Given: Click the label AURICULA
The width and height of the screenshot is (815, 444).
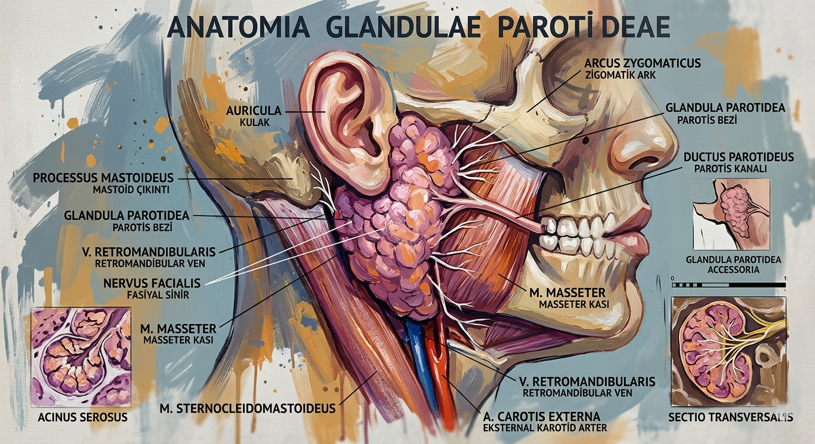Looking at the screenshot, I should [254, 110].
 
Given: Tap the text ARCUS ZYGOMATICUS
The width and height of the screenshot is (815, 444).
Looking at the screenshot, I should [643, 62].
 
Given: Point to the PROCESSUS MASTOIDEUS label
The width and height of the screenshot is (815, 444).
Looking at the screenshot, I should [103, 177].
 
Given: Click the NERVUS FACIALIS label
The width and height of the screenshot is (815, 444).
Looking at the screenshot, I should [152, 283].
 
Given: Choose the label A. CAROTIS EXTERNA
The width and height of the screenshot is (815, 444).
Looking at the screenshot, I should [541, 416].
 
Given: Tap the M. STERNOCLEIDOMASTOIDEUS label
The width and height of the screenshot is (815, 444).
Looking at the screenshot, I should [247, 409].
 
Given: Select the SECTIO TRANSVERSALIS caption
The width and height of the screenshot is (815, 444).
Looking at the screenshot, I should [730, 417].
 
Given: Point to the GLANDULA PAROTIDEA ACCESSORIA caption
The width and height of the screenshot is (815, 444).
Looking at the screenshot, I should [733, 264].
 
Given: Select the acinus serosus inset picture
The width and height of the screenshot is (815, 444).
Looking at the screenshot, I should [80, 357].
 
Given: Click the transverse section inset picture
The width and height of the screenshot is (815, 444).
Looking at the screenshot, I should [728, 351].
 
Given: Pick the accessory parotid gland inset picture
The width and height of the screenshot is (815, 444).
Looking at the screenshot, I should [732, 214].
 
